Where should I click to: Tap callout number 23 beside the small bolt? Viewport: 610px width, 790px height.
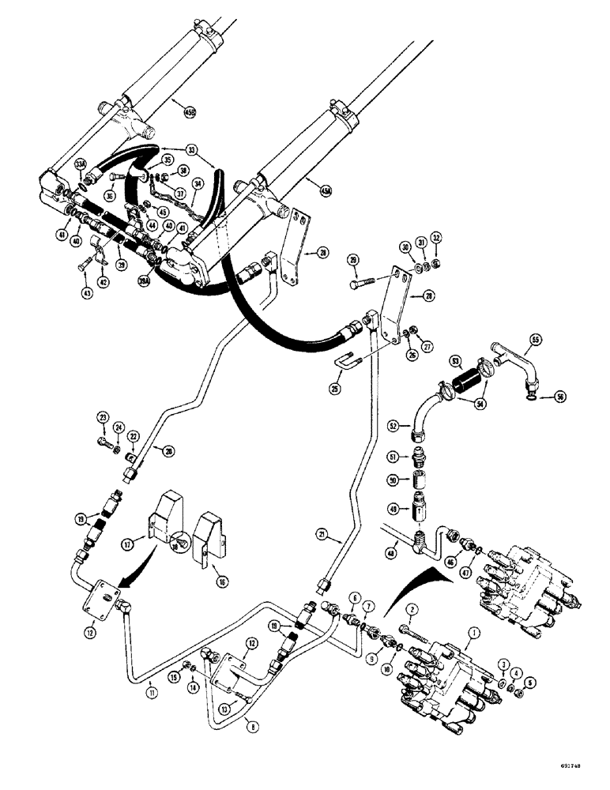click(103, 417)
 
